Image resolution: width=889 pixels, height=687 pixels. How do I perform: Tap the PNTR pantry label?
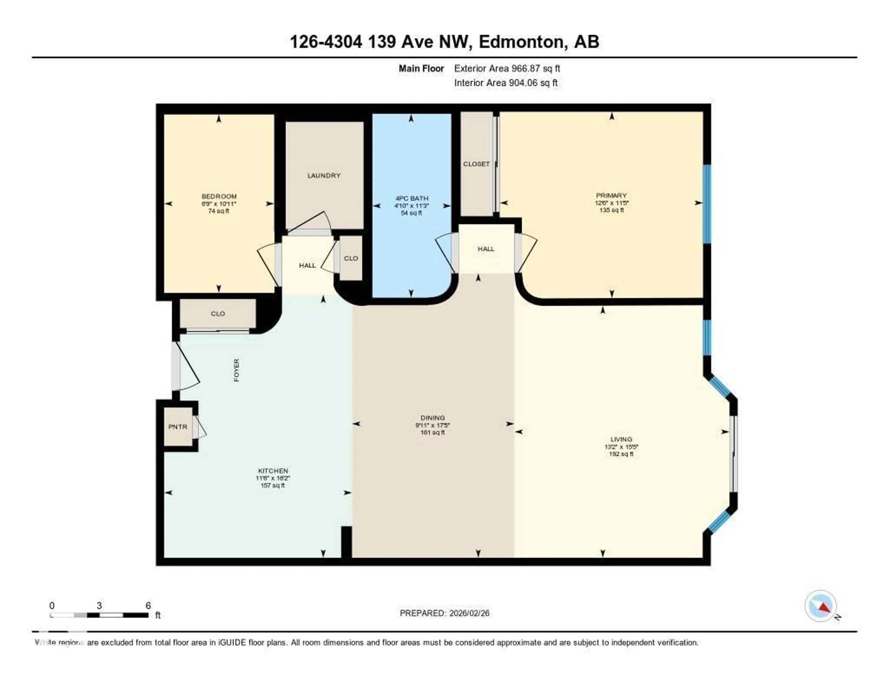pos(178,427)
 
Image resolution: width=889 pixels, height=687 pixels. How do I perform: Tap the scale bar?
pos(99,615)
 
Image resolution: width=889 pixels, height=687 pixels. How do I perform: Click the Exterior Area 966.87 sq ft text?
pos(507,68)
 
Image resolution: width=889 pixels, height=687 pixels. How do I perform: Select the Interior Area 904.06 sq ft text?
pos(506,83)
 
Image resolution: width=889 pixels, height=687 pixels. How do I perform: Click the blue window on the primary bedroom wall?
pos(707,204)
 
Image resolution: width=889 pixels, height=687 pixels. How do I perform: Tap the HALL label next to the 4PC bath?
pos(486,249)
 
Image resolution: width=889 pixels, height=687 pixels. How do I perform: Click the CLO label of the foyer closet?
pos(218,314)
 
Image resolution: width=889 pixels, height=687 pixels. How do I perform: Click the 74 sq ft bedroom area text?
pos(219,211)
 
